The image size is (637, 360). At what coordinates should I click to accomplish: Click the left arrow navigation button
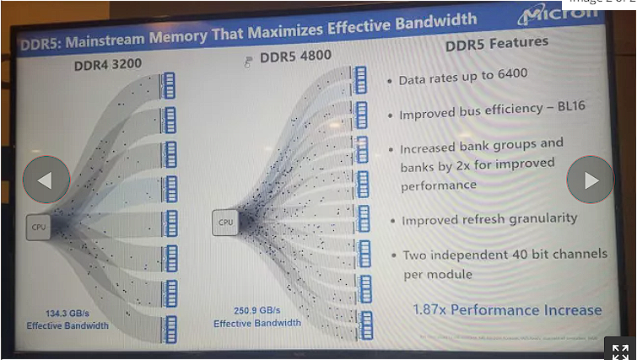pos(46,180)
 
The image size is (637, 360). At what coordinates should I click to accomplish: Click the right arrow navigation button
pos(590,180)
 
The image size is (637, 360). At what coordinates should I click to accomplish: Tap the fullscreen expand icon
pos(620,351)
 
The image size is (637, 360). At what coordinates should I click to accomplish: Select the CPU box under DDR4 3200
pos(40,227)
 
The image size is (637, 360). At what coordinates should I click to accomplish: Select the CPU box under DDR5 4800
pos(225,223)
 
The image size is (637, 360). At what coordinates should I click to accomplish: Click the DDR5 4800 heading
pos(295,57)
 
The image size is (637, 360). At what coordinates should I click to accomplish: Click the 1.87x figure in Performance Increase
pos(429,309)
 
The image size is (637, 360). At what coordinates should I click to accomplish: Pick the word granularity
pos(537,218)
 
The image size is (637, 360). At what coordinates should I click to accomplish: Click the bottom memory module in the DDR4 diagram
pos(170,326)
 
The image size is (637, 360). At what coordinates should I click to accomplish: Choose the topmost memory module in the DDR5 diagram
pos(360,79)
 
